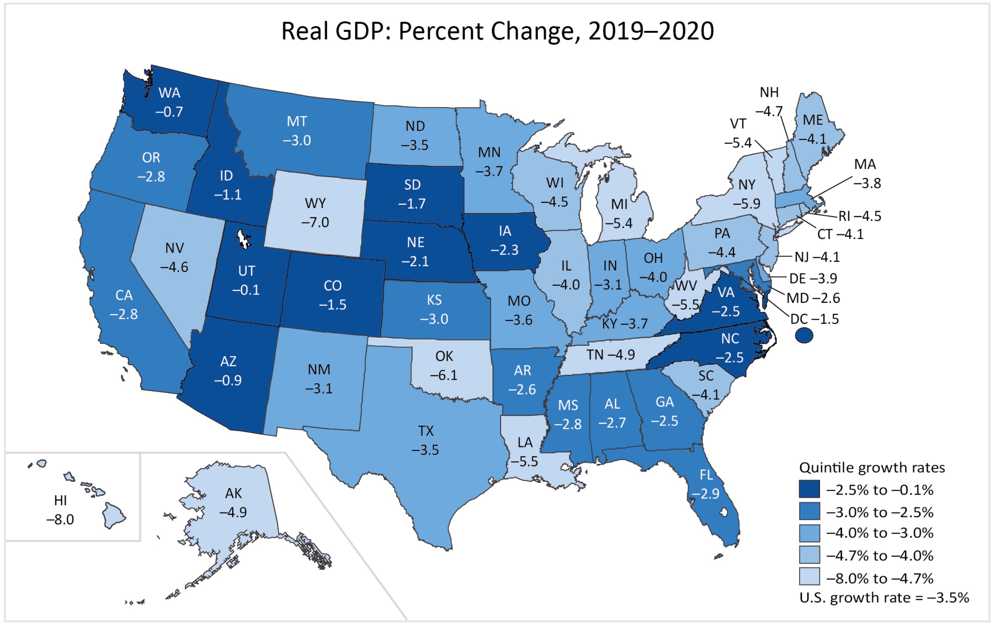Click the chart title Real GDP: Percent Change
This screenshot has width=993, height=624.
point(497,31)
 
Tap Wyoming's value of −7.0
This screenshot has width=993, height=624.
point(315,223)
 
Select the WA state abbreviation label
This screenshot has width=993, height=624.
point(169,93)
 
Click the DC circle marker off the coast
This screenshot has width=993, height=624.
point(804,335)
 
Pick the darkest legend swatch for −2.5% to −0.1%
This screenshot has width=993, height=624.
point(809,489)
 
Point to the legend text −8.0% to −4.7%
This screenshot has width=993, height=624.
point(880,578)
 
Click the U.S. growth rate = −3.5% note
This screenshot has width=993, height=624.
point(884,598)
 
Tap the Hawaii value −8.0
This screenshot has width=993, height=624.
point(60,520)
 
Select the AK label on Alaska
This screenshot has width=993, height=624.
point(233,493)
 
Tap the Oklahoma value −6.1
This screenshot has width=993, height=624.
point(444,375)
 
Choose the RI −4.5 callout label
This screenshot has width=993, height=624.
point(860,216)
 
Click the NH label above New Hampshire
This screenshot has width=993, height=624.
point(769,93)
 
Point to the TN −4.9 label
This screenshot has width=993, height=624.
point(610,355)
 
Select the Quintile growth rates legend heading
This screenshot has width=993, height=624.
point(872,468)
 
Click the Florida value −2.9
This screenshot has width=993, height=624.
point(705,494)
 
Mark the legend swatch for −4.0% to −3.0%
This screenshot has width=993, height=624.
point(809,533)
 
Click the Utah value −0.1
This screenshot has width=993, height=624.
point(246,290)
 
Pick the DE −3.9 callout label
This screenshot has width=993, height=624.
point(813,279)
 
